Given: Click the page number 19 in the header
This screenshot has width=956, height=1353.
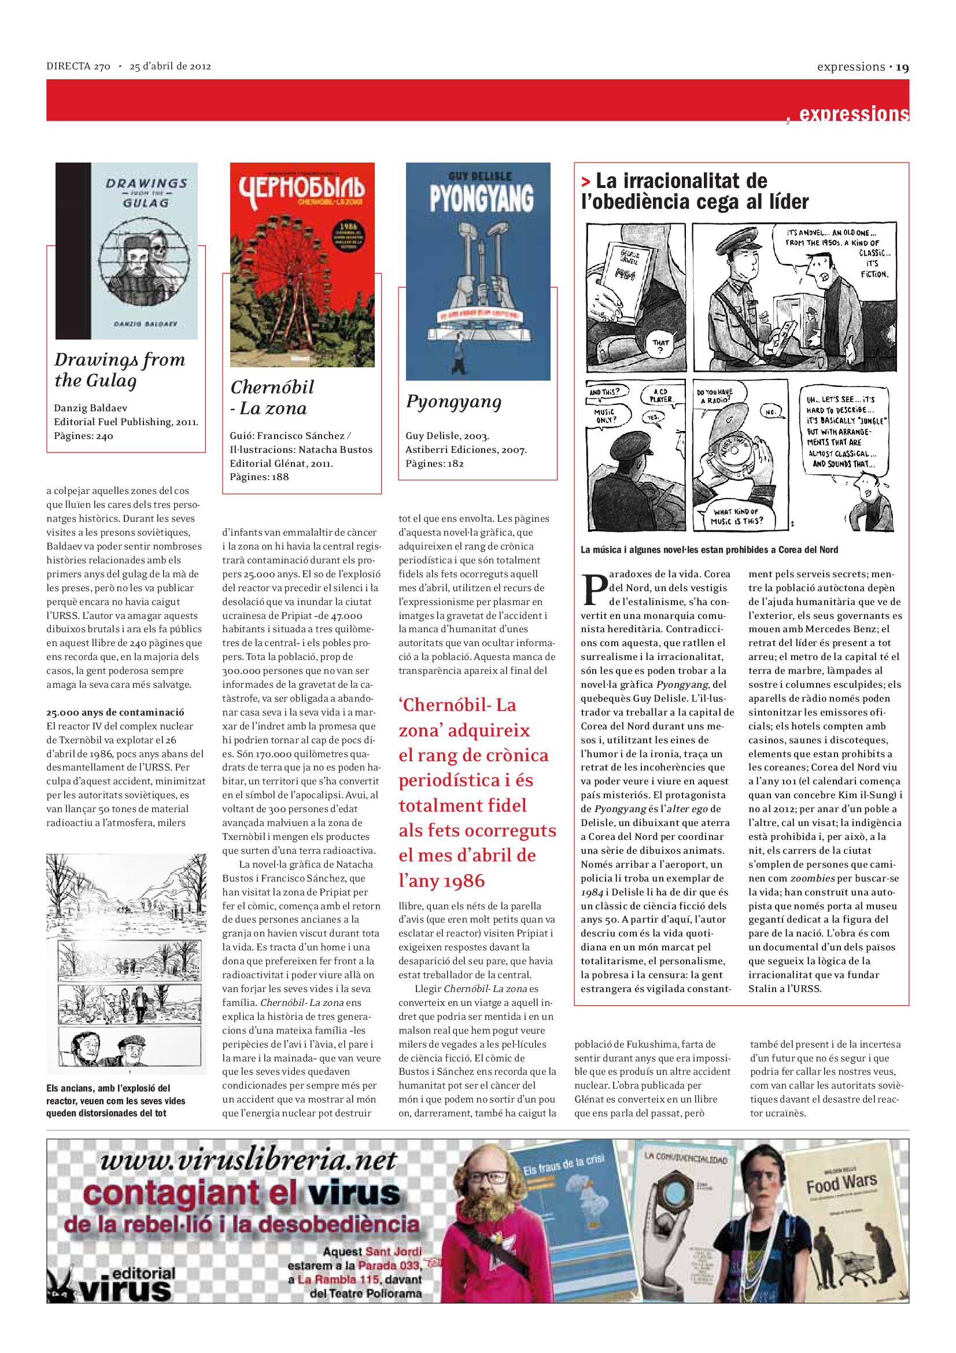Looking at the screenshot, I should click(x=902, y=67).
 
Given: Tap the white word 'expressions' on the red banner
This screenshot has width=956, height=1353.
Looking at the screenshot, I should click(x=854, y=113).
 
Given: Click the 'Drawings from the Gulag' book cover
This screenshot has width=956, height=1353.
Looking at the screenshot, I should click(x=127, y=251).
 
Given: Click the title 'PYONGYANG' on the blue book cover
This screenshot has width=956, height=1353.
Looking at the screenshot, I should click(x=481, y=198).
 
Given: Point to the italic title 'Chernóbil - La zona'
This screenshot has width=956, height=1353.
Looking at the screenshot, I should click(x=272, y=397).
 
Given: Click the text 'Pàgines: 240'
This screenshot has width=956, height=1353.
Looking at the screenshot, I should click(x=84, y=436).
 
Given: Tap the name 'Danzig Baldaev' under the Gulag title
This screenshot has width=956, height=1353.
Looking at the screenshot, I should click(x=90, y=408).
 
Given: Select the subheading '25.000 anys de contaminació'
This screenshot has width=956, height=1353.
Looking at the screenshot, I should click(x=116, y=712).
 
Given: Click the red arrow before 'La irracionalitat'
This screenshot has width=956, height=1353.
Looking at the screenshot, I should click(x=585, y=182).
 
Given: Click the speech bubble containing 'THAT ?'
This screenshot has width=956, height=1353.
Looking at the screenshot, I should click(x=660, y=345).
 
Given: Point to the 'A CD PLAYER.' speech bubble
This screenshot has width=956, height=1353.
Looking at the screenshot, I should click(x=660, y=395).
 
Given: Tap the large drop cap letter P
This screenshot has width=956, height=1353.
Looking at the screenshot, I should click(x=595, y=589).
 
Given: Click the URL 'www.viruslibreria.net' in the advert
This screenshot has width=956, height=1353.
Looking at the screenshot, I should click(x=248, y=1160).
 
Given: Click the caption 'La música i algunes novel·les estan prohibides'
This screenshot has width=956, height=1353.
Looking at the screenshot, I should click(x=708, y=550).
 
